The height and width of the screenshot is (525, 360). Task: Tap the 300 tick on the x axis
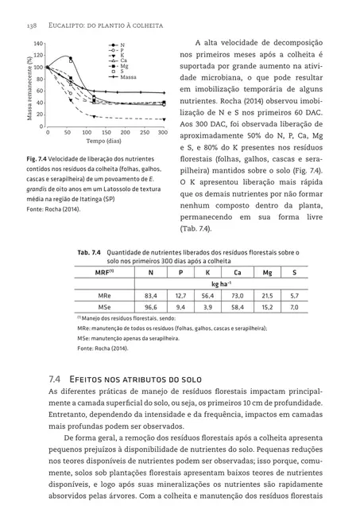[163, 132]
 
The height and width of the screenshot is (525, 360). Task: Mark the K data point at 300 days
[163, 119]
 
